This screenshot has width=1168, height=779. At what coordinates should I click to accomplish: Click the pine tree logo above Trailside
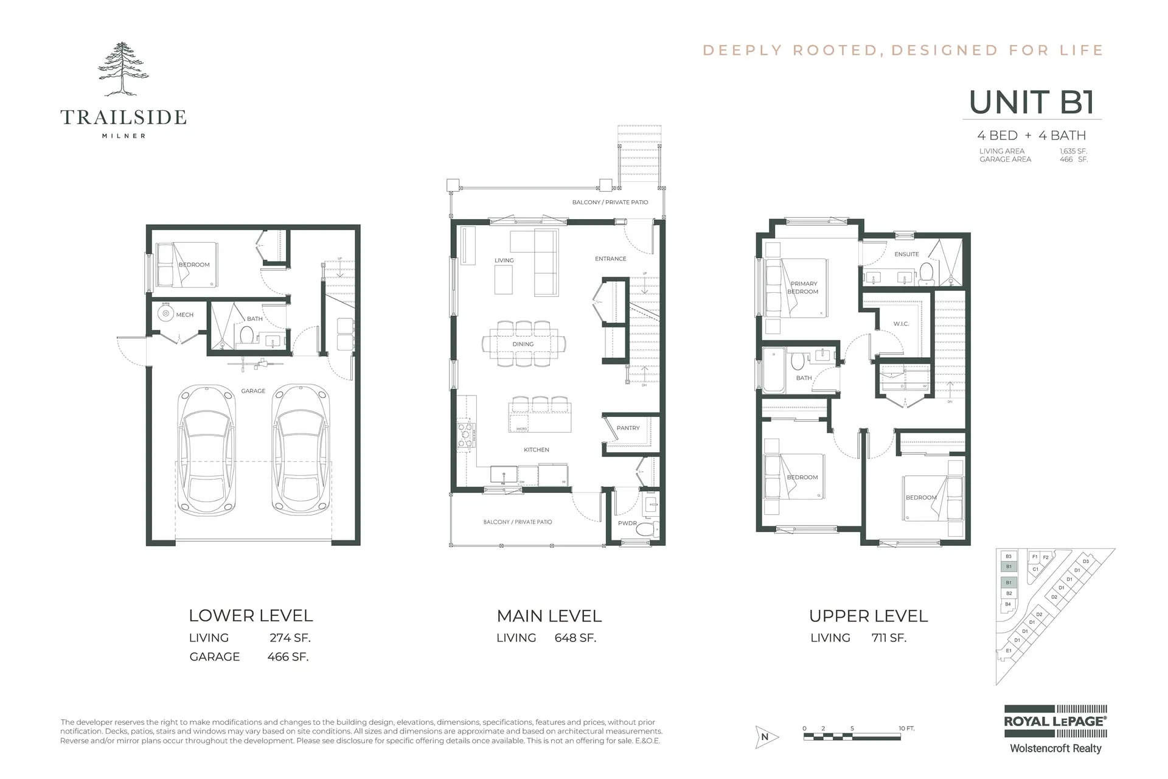(123, 69)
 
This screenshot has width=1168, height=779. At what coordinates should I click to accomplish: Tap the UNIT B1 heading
(1032, 102)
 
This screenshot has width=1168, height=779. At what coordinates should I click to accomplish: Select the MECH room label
(184, 315)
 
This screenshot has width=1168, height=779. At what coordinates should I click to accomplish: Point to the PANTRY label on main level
(628, 428)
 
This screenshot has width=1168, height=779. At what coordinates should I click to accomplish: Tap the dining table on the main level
(523, 344)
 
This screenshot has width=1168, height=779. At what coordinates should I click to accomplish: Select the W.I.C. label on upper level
(901, 324)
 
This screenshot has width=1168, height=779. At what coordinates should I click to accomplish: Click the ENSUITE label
(906, 254)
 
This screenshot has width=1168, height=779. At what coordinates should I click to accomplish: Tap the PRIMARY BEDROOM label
(804, 287)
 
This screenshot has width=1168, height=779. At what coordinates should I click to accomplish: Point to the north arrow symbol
(765, 736)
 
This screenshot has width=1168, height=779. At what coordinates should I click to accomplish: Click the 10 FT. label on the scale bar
(906, 728)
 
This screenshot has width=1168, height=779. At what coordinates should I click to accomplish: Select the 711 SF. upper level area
(889, 638)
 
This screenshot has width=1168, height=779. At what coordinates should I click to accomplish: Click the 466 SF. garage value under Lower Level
(288, 657)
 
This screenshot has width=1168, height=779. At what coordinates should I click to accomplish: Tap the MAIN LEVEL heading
(549, 616)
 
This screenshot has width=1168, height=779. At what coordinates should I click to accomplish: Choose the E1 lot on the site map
(1009, 651)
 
